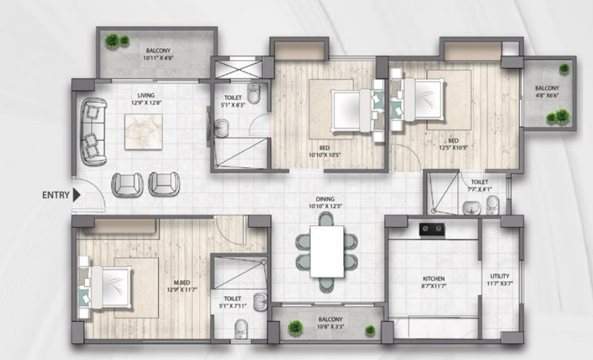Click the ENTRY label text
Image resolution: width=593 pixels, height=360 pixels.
click(55, 196)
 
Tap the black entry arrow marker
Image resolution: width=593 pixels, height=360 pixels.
click(77, 195)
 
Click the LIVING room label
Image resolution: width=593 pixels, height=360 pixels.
click(146, 95)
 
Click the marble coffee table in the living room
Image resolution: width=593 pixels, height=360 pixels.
click(143, 132)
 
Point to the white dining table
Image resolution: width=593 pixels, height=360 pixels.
click(327, 251)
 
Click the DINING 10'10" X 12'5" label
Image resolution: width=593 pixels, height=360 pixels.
click(325, 202)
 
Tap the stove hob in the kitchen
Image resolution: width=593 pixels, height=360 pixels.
click(432, 230)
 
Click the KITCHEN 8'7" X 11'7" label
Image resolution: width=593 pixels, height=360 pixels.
click(434, 282)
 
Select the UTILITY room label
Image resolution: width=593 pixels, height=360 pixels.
click(500, 276)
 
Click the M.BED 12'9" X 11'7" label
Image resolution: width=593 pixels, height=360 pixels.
click(181, 286)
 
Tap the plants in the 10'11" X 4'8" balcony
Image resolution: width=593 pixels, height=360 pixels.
click(117, 41)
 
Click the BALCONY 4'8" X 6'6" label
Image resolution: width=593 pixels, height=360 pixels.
click(547, 92)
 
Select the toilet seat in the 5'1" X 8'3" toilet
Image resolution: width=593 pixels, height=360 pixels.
click(253, 93)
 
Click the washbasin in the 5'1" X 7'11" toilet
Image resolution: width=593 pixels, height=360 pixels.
click(260, 301)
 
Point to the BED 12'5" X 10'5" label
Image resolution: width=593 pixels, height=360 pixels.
click(453, 144)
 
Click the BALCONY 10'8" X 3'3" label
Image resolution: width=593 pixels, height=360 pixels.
click(330, 323)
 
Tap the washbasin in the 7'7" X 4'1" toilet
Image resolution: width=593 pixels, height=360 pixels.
click(472, 208)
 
